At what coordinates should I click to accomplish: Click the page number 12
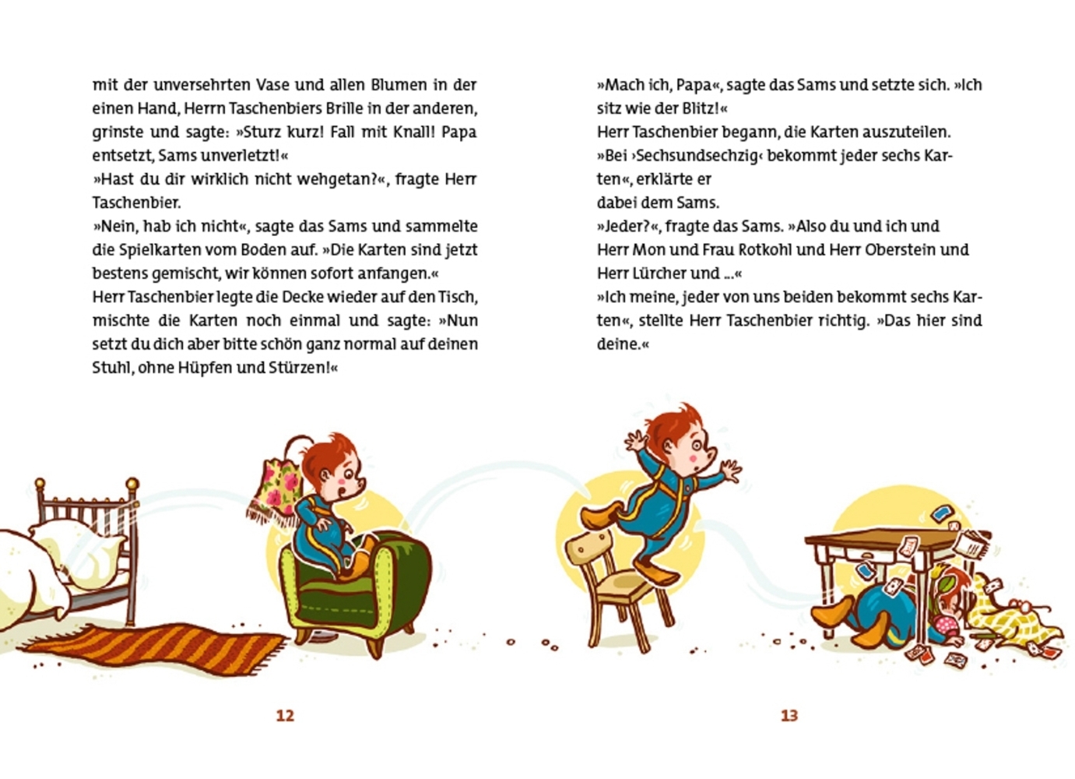(285, 715)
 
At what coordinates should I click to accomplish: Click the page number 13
(789, 715)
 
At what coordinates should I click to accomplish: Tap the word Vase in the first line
(273, 84)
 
